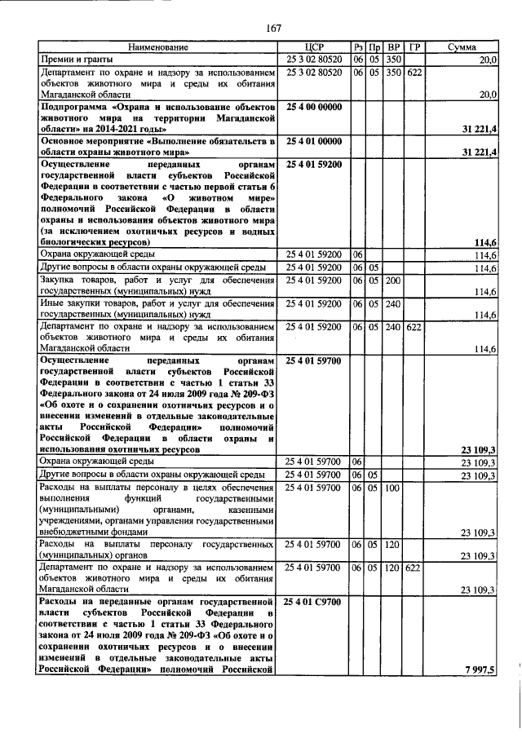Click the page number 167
273,29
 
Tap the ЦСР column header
314,47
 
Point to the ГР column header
414,47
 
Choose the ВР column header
394,47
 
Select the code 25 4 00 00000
314,107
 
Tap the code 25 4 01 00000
314,141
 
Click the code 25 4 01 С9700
314,601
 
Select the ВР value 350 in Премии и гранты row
394,60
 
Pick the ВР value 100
393,488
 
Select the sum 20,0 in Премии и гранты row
488,60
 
